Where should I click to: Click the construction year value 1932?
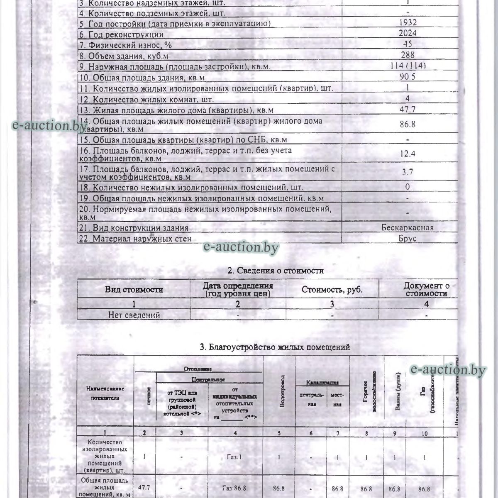tap(407, 23)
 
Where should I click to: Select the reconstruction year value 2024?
tap(407, 34)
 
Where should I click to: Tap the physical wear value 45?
tap(407, 44)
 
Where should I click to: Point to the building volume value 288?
tap(407, 55)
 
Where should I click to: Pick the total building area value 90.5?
tap(407, 77)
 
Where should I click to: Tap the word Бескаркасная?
tap(408, 227)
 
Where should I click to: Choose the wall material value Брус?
tap(407, 239)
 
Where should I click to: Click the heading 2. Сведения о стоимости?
tap(276, 271)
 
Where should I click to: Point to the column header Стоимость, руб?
tap(332, 290)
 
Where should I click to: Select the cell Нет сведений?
tap(134, 315)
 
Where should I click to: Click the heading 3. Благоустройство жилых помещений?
tap(275, 347)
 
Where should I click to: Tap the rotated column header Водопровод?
tap(282, 392)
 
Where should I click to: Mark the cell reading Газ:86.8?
tap(235, 488)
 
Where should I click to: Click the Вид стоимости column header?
tap(134, 290)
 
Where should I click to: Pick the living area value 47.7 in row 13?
tap(408, 110)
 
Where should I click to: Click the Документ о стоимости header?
tap(426, 289)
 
